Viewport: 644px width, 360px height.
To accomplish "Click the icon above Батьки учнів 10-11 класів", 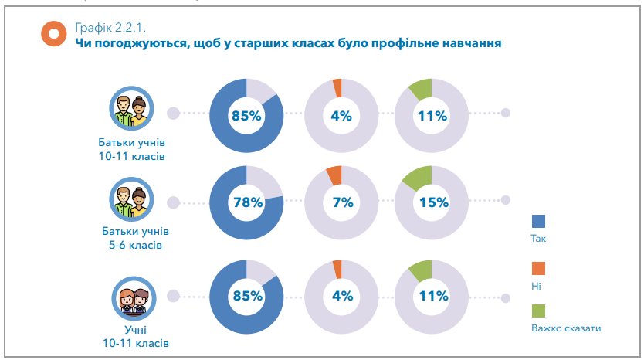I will [x=131, y=113].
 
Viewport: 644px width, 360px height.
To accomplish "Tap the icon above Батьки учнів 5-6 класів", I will [x=131, y=200].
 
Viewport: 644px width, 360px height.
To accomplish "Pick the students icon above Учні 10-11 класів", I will [x=131, y=296].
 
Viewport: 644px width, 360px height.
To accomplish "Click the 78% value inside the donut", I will [x=247, y=203].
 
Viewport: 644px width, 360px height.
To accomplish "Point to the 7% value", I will [x=341, y=203].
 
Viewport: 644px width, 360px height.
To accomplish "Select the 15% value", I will [x=432, y=203].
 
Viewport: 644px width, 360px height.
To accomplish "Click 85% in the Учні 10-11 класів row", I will [x=247, y=296].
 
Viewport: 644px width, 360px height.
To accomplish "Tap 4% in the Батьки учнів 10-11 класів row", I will [x=341, y=117].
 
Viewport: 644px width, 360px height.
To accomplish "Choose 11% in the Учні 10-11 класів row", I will [x=432, y=296].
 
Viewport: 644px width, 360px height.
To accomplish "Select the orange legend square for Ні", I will [x=538, y=267].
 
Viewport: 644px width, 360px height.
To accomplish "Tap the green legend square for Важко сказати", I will [x=538, y=311].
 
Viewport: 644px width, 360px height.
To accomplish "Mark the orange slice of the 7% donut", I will [x=334, y=174].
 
